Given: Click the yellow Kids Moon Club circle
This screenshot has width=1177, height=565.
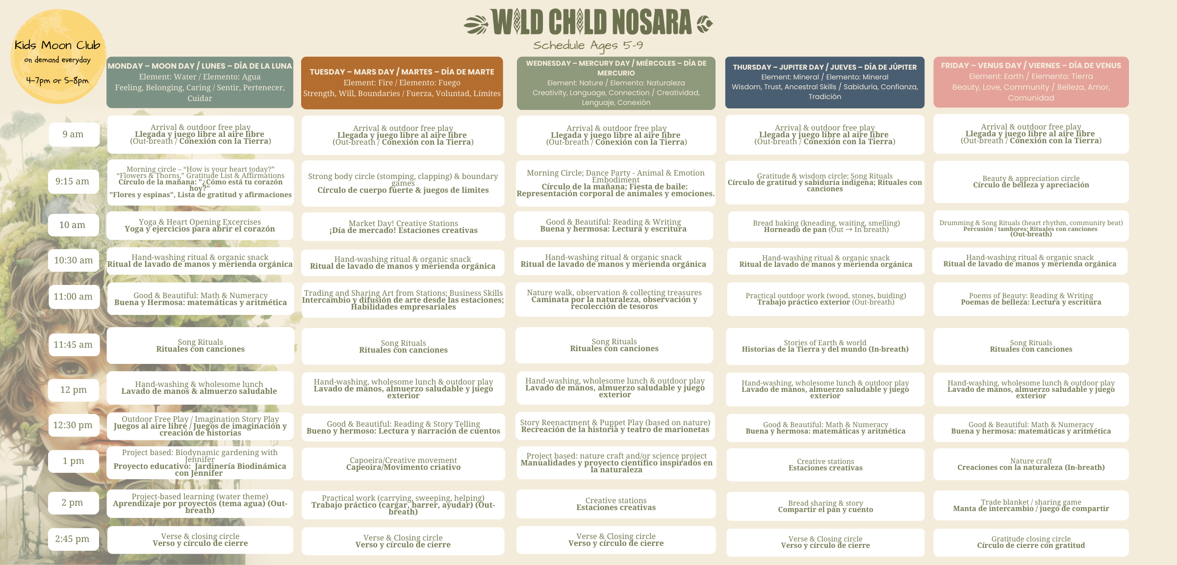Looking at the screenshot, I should (x=58, y=56).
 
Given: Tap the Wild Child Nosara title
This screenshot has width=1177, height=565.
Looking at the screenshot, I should (x=588, y=23).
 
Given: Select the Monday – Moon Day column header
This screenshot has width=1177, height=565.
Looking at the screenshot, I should (x=200, y=82).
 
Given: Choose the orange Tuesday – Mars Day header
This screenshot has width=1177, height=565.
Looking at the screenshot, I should (x=402, y=82).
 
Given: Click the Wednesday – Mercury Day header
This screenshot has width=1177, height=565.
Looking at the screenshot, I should (x=616, y=82).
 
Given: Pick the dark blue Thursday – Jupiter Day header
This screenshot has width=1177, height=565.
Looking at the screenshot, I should (x=824, y=82).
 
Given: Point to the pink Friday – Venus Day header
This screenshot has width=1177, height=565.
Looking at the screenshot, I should (x=1031, y=81).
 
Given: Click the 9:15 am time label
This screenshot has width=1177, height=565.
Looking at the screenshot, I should (x=73, y=181).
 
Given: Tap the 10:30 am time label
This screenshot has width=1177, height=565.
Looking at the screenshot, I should (x=73, y=260).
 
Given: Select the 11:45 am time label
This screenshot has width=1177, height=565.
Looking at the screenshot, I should (x=73, y=345).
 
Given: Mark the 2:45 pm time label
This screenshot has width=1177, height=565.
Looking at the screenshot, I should (x=73, y=539).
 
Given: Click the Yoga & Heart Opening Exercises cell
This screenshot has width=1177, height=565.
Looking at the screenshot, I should (x=200, y=226).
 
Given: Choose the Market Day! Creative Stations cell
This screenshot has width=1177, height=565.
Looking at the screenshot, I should (x=403, y=227).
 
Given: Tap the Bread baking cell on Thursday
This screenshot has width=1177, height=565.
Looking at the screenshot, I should (x=826, y=226).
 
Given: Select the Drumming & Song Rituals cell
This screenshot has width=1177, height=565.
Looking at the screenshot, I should (x=1031, y=226).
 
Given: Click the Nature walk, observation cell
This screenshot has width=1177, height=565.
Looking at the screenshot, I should (x=614, y=299).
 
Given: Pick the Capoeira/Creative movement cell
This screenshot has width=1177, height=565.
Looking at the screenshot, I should (x=403, y=463).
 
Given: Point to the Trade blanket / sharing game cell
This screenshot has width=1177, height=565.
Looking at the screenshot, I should (x=1031, y=506).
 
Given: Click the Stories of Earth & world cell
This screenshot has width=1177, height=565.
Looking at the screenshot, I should (x=825, y=346).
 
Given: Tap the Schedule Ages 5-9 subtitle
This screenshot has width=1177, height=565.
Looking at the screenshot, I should (x=588, y=46).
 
